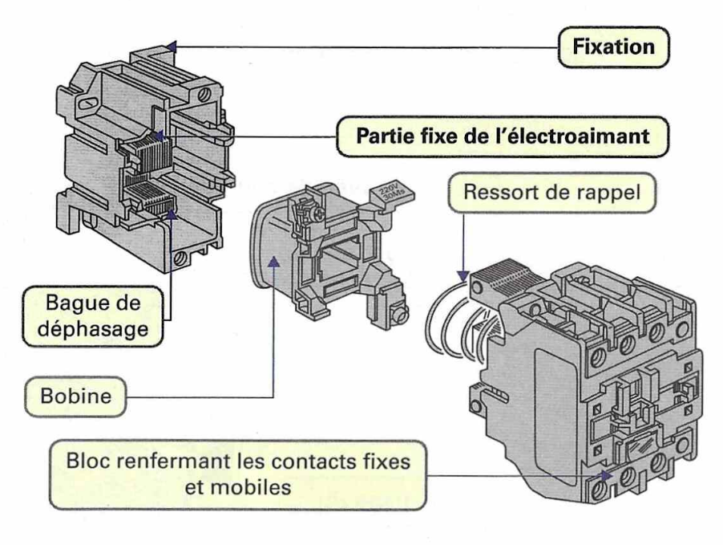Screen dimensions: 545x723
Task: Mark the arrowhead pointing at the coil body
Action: coord(274,259)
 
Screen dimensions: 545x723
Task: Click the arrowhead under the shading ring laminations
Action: coord(175,212)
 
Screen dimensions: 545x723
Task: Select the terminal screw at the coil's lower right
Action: coord(398,306)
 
